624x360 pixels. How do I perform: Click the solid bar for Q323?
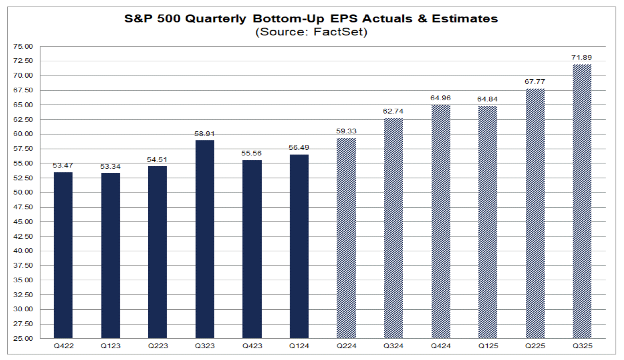tap(205, 239)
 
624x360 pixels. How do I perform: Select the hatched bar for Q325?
tap(582, 201)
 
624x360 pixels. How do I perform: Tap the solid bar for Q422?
tap(63, 255)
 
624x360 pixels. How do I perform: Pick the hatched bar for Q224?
tap(346, 238)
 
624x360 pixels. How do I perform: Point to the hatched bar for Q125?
tap(488, 222)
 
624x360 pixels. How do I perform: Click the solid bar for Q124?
tap(299, 246)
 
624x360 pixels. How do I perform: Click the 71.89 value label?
tap(582, 58)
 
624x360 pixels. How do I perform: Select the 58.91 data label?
tap(205, 134)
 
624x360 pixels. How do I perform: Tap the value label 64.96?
tap(440, 98)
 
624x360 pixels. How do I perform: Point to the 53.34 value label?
tap(110, 166)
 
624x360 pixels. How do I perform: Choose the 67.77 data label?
tap(535, 82)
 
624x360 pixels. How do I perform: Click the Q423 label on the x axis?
tap(252, 346)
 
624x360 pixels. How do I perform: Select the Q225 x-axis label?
tap(535, 346)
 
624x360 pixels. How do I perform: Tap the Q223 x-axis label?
tap(158, 346)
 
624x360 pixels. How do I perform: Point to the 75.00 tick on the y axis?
tap(23, 46)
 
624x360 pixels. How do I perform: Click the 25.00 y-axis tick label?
tap(23, 338)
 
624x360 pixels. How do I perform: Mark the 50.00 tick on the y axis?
tap(23, 192)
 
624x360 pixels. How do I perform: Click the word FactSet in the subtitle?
tap(339, 32)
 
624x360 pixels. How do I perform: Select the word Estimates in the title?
tap(465, 19)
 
